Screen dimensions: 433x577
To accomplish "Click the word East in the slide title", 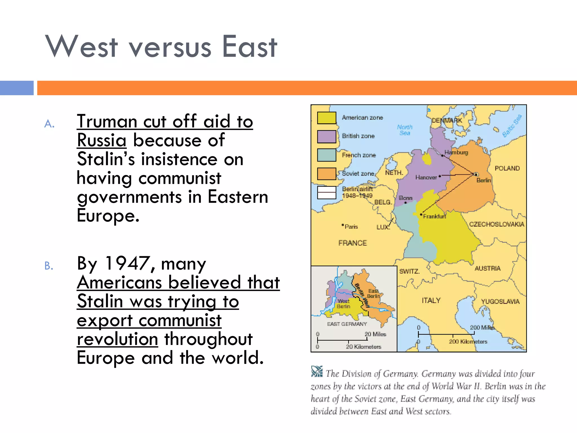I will tap(249, 47).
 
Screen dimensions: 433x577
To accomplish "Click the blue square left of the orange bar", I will tap(17, 88).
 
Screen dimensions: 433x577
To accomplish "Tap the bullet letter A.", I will tap(49, 124).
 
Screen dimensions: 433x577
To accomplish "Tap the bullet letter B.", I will tap(49, 266).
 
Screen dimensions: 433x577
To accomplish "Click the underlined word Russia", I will tap(101, 140).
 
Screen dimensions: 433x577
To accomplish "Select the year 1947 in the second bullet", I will tap(127, 264).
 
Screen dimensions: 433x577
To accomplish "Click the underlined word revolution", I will tap(117, 339).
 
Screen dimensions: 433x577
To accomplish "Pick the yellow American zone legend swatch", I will tap(327, 118).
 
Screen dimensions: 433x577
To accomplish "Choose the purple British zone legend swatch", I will tap(327, 136).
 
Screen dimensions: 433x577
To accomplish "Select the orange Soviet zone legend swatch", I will tap(327, 174).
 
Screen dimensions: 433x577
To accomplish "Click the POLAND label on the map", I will tap(507, 168).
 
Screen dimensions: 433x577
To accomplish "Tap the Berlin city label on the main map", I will tap(483, 180).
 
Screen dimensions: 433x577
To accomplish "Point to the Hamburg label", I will tap(456, 153).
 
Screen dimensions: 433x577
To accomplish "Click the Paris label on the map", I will tap(351, 227).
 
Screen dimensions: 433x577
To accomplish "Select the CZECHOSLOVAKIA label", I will tap(496, 224).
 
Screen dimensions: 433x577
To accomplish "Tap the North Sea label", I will tap(405, 130).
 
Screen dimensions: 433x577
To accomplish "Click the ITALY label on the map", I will tap(431, 301).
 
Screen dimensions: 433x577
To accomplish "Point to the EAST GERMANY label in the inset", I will tap(347, 324).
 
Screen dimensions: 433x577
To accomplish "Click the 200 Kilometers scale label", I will tap(468, 342).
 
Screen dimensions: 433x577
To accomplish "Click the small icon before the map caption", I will tap(317, 372).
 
